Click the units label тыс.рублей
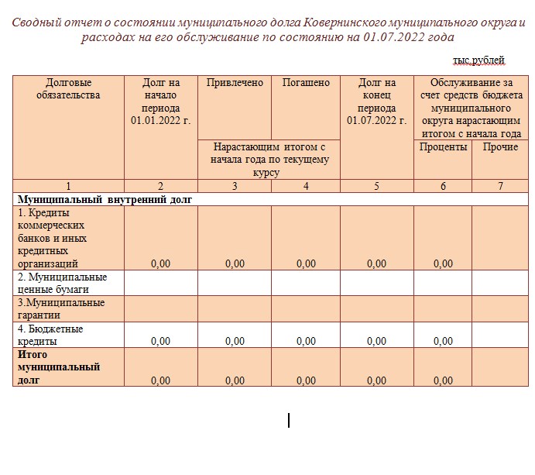tap(478, 60)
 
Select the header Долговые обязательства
tap(68, 89)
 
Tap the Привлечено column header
tap(235, 83)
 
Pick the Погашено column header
tap(306, 83)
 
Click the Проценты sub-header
tap(443, 147)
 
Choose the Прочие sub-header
tap(500, 147)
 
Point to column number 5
tap(376, 186)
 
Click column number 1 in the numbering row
tap(68, 186)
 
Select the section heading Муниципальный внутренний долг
tap(105, 199)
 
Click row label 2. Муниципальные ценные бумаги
tap(62, 283)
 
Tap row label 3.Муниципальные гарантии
tap(60, 308)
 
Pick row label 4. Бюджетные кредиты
tap(50, 335)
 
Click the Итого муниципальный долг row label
tap(48, 367)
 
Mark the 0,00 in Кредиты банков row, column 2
tap(160, 264)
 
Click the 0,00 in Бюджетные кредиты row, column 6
tap(443, 341)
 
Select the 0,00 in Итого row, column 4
tap(306, 380)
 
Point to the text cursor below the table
tap(289, 420)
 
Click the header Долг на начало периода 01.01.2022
tap(160, 102)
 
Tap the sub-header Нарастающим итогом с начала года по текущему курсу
tap(270, 160)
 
